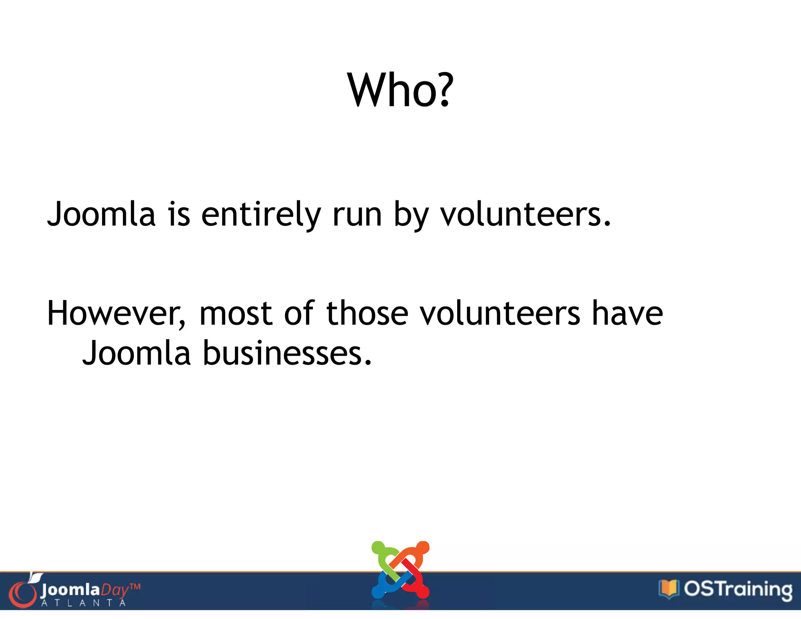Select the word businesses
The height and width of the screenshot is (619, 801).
click(287, 353)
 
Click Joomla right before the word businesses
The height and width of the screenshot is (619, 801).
click(136, 353)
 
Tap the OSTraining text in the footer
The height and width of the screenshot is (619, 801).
click(738, 590)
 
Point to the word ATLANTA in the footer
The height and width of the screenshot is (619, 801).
click(84, 603)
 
